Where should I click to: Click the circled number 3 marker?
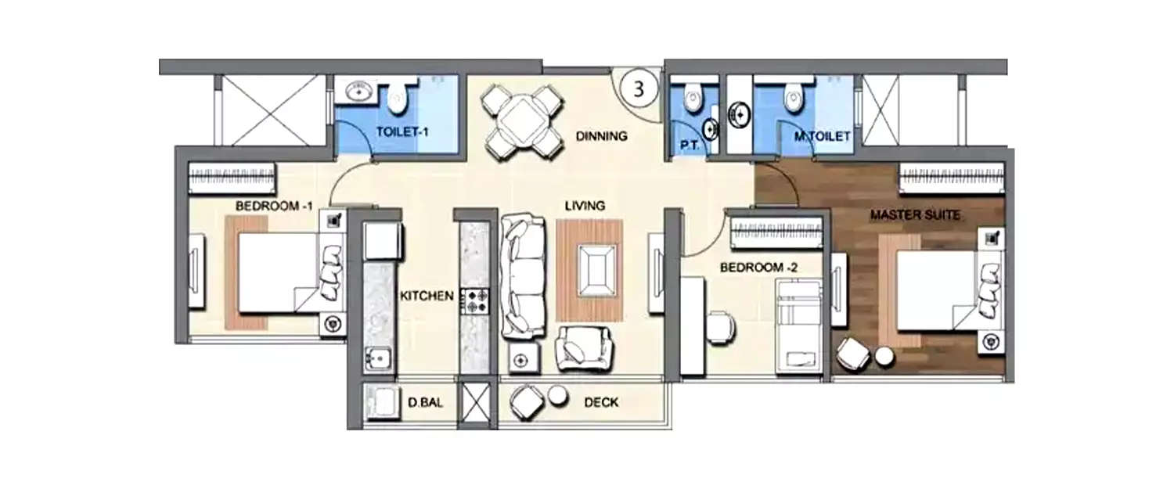[x=639, y=88]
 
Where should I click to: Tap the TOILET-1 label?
[x=403, y=131]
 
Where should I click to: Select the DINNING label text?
[x=601, y=136]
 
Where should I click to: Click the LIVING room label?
[x=585, y=207]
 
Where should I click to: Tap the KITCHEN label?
[x=427, y=296]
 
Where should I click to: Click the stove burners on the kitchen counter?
[x=475, y=300]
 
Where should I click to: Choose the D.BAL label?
[x=422, y=404]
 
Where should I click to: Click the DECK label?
[x=601, y=403]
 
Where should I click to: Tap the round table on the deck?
[x=558, y=394]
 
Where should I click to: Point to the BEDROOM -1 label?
[x=274, y=206]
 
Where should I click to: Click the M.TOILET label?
[x=821, y=137]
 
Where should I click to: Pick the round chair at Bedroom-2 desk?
[x=720, y=326]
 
